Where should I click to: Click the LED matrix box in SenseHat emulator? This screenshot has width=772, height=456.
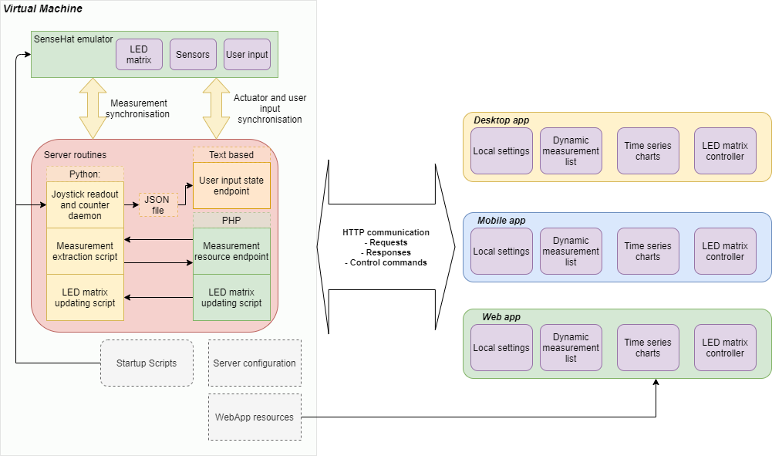139,55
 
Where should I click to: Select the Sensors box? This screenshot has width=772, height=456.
193,55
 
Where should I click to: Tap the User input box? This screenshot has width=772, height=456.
247,55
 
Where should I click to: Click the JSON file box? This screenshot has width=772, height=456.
158,204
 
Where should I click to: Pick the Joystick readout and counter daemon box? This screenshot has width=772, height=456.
85,205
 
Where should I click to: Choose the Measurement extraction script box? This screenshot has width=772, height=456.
85,252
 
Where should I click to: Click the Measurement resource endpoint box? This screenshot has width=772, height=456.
231,252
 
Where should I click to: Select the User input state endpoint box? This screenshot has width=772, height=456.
231,185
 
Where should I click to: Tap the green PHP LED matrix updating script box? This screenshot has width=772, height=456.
231,297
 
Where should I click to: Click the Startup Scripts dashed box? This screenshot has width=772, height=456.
147,363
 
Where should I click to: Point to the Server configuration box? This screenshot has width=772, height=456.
255,363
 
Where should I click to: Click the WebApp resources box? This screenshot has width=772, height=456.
255,417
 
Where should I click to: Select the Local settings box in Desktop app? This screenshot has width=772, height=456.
501,151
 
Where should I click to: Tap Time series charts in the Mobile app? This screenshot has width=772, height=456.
648,252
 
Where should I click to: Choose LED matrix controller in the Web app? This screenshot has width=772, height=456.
725,348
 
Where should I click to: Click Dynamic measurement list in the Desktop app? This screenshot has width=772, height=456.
571,151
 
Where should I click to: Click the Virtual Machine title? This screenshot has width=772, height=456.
43,8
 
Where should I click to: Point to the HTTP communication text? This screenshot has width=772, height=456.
386,232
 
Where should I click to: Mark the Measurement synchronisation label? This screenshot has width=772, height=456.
138,108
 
